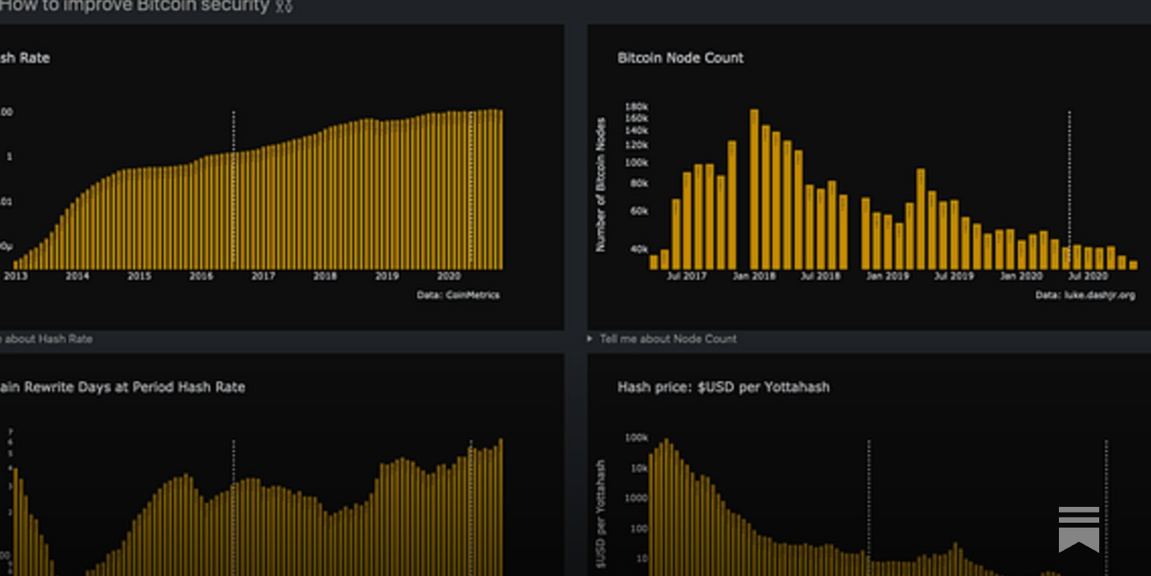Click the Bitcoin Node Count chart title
[x=680, y=58]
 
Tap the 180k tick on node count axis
[x=636, y=107]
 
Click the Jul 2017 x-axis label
[x=686, y=276]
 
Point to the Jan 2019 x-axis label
[x=887, y=276]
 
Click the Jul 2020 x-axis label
[x=1087, y=276]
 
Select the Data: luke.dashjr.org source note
[x=1085, y=295]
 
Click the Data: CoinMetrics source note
[x=458, y=295]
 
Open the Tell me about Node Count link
[x=668, y=338]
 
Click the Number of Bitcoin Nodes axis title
[x=601, y=185]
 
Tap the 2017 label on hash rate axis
[x=263, y=276]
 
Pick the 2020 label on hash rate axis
[x=448, y=276]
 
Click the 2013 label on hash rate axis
[x=16, y=276]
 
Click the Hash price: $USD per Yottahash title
[x=723, y=387]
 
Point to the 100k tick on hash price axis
[x=636, y=438]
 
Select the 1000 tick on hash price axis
[x=636, y=498]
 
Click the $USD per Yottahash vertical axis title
[x=601, y=513]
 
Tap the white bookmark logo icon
[x=1078, y=528]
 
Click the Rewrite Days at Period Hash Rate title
[x=122, y=387]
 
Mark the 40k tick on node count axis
[x=639, y=249]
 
